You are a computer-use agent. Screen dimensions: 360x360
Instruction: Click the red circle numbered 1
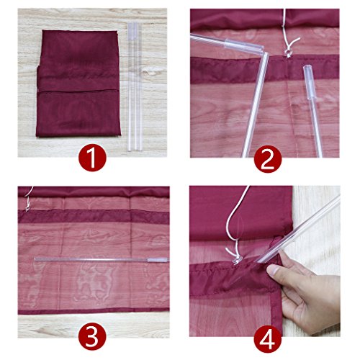coord(92,158)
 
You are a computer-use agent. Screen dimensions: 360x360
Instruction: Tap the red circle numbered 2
coord(268,159)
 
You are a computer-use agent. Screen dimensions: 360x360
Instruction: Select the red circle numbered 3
coord(92,336)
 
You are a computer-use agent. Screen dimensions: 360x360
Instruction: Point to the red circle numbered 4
coord(268,339)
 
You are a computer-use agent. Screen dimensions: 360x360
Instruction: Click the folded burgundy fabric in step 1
coord(78,84)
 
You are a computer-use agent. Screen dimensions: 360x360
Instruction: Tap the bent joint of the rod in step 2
coord(265,54)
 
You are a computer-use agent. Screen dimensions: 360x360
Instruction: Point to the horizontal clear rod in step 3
coord(102,259)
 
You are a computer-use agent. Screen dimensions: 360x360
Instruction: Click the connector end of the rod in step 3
coord(158,260)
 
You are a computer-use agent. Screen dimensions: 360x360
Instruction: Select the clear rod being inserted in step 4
coord(297,229)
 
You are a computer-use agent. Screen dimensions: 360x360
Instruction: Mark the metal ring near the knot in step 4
coord(236,261)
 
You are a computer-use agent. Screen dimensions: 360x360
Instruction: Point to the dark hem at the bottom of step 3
coord(94,312)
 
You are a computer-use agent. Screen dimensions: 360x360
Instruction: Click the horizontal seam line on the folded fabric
coord(78,91)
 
